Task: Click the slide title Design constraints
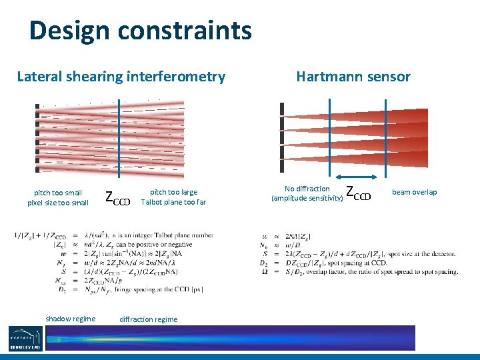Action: tap(140, 31)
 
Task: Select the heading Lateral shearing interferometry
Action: tap(121, 77)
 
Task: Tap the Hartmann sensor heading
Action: tap(353, 77)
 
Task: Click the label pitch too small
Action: tap(57, 193)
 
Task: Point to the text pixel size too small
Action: tap(57, 203)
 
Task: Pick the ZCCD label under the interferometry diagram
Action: tap(118, 197)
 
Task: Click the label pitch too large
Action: tap(173, 193)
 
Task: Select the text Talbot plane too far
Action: tap(173, 203)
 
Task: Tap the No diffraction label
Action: tap(307, 189)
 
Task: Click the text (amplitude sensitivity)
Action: tap(307, 198)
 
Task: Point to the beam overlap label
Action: tap(414, 192)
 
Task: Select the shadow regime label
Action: tap(70, 319)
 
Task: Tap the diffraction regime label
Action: tap(148, 319)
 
